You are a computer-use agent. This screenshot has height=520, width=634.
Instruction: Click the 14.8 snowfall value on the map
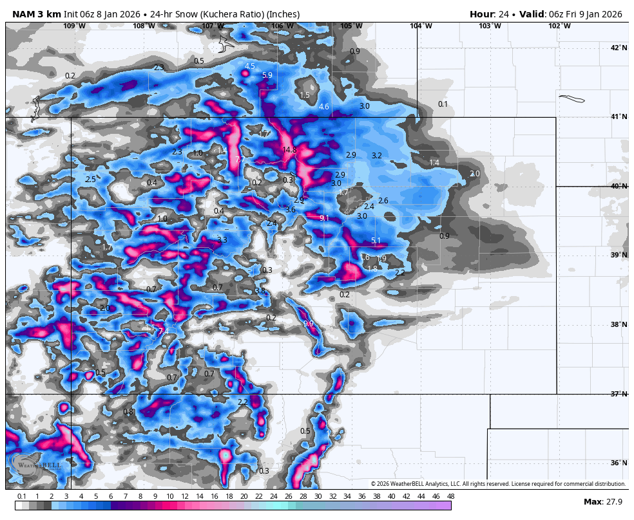pos(289,150)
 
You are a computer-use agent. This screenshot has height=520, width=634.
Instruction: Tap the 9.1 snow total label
pos(324,218)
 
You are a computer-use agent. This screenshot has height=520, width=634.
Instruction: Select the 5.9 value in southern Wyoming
pos(267,75)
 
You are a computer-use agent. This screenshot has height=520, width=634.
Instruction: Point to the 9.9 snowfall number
pos(309,324)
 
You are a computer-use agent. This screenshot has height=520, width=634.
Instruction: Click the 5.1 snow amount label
pos(376,241)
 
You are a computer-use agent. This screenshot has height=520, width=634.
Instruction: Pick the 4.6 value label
pos(324,107)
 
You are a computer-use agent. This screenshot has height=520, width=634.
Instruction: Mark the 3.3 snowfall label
pos(222,239)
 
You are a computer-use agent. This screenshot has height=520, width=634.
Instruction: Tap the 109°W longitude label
pos(74,26)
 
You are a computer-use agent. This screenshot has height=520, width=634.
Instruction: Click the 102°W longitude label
pos(559,26)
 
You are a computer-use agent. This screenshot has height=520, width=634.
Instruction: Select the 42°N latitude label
pos(619,48)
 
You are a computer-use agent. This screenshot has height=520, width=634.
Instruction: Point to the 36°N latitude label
pos(619,463)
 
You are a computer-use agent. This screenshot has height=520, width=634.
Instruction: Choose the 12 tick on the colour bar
pos(185,496)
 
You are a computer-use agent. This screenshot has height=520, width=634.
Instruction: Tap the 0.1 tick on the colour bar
pos(22,496)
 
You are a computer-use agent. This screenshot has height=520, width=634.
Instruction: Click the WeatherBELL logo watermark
pos(35,467)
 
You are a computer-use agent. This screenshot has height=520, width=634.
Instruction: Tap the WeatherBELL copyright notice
pos(498,484)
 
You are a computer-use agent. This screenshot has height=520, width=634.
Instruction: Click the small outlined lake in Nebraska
pos(572,99)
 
